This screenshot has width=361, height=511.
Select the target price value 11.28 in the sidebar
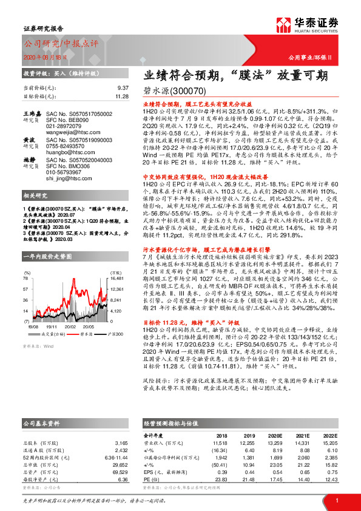[121, 96]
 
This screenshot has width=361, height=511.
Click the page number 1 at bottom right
[336, 500]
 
